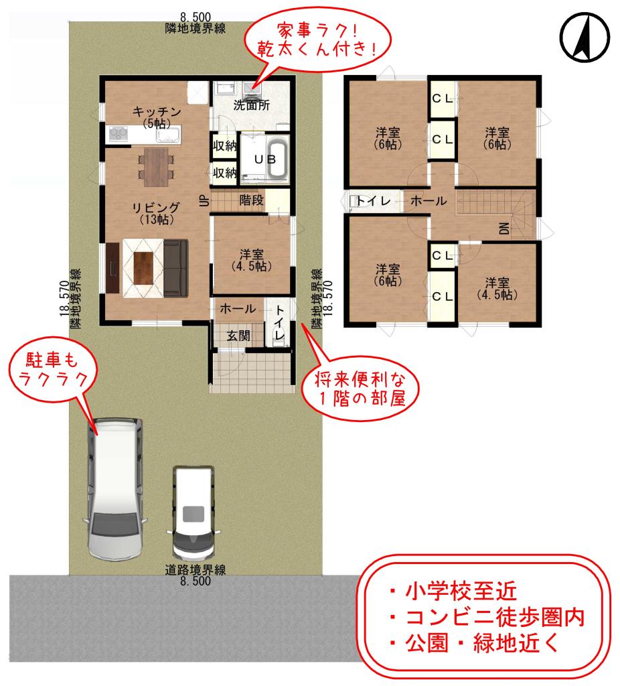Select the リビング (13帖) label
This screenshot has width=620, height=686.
pos(155,212)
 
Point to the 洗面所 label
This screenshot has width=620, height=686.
pos(251,105)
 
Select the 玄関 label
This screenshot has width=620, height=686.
pos(238,335)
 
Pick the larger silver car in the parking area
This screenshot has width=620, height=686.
pos(115,489)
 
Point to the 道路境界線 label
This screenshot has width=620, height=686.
pos(195,571)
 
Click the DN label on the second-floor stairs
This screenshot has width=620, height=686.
pos(504,228)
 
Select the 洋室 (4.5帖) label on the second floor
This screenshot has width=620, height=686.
pos(496,287)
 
